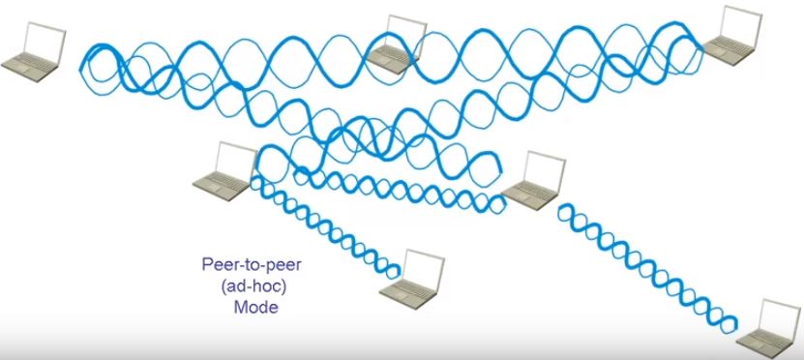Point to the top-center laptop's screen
click(407, 34)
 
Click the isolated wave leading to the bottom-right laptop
click(648, 261)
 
